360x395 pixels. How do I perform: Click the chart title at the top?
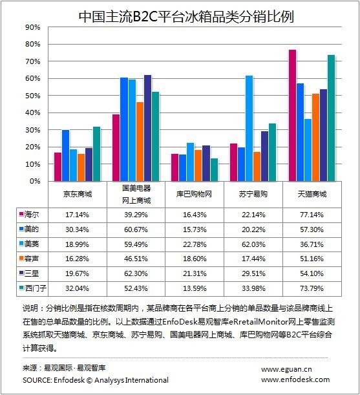point(186,17)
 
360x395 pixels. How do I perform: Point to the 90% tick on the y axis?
point(33,27)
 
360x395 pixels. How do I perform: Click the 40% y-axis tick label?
point(33,112)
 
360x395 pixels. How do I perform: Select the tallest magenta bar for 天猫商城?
point(292,115)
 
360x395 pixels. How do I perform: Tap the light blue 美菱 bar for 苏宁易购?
point(249,129)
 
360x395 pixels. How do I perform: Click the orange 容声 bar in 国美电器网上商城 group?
point(140,142)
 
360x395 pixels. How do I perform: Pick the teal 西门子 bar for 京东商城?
point(96,154)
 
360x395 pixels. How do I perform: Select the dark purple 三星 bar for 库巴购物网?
point(206,164)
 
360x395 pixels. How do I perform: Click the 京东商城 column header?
point(78,194)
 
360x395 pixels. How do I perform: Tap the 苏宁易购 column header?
point(253,194)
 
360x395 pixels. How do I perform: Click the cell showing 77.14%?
point(312,215)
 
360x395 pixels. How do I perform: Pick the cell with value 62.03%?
point(253,244)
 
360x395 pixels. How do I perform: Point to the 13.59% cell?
point(195,288)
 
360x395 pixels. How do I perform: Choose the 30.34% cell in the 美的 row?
point(77,230)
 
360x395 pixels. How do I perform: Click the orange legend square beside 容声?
point(21,258)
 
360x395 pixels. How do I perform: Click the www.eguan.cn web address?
point(286,370)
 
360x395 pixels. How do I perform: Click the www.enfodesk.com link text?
point(295,379)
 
